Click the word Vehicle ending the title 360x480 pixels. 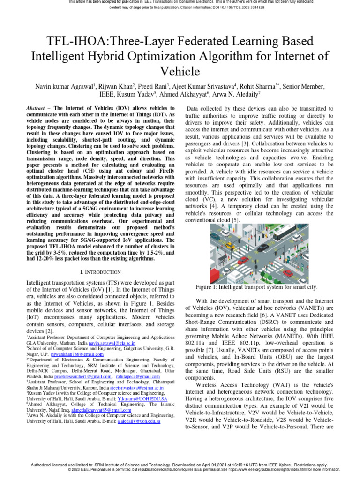180,71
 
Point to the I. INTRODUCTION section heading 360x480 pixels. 101,272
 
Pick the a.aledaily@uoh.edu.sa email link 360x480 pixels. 139,421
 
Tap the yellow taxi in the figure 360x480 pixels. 229,245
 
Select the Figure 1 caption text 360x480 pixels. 256,286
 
